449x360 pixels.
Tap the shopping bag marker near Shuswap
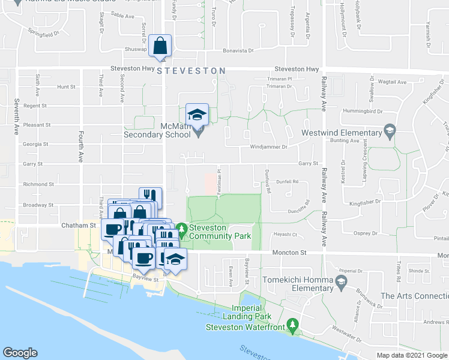click(x=160, y=46)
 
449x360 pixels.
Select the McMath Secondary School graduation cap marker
click(x=197, y=115)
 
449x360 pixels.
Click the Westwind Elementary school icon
click(x=390, y=132)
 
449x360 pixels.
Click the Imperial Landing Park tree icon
click(x=293, y=326)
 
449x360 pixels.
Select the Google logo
click(x=20, y=353)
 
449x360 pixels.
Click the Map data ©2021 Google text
click(x=412, y=355)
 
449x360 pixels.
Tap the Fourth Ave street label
click(x=80, y=148)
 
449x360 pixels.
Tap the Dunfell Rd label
click(x=287, y=181)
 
